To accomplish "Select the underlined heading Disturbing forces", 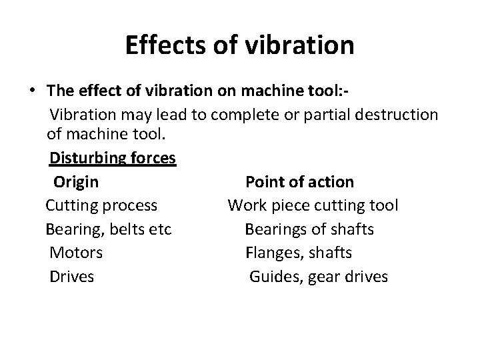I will (112, 159).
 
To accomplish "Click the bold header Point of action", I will (300, 181).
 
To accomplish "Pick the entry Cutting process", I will (101, 205).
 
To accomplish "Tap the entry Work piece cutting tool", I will (313, 205).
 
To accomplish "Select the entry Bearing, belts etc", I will (109, 229).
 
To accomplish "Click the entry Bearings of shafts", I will (309, 229).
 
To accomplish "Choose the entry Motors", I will (76, 253).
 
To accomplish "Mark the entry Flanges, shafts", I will (299, 253).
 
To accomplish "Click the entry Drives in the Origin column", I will (72, 276).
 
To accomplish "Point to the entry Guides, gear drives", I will (318, 276).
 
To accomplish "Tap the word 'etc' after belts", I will (160, 229).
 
